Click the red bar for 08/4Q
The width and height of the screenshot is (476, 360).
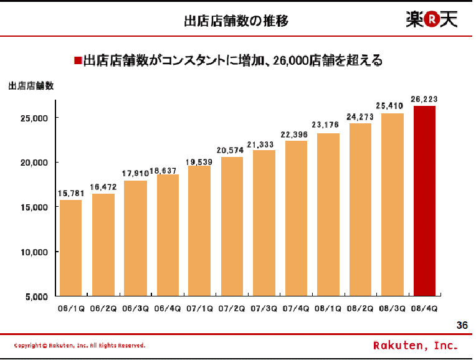tap(424, 201)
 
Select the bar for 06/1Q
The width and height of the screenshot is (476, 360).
tap(70, 247)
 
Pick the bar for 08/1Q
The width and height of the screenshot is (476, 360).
tap(328, 214)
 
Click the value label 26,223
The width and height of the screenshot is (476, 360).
tap(424, 98)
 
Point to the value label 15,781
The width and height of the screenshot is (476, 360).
tap(70, 192)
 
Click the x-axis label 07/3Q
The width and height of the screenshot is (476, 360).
tap(264, 308)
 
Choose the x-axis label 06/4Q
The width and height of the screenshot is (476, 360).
tap(167, 308)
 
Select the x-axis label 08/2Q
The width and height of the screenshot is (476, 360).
tap(361, 308)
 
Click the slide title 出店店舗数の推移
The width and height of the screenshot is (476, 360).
tap(236, 22)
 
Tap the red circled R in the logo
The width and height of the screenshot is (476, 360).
tap(431, 20)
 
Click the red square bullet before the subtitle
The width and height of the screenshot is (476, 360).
tap(78, 60)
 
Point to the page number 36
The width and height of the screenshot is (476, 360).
tap(462, 325)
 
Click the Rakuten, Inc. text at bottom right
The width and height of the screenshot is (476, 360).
tap(416, 345)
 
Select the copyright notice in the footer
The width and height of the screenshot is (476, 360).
tap(80, 345)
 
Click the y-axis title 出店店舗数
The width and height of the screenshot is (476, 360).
tap(31, 86)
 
